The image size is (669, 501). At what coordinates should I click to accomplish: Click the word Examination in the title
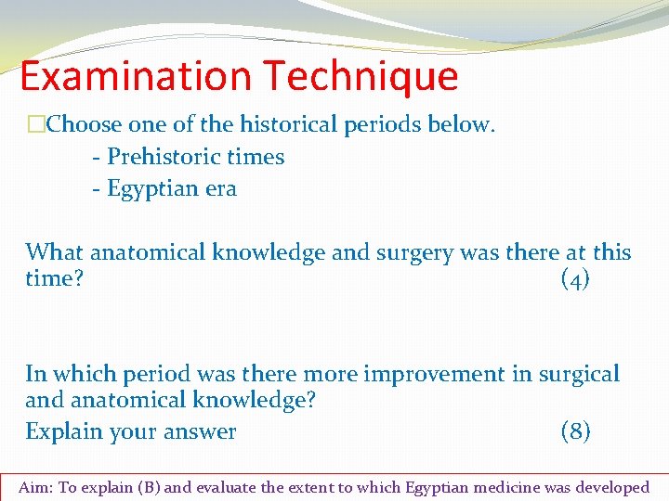pyautogui.click(x=136, y=76)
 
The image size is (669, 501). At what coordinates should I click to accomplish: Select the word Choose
pyautogui.click(x=83, y=124)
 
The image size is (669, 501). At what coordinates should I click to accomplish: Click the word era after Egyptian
pyautogui.click(x=221, y=188)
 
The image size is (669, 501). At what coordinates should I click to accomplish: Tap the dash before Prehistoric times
pyautogui.click(x=97, y=157)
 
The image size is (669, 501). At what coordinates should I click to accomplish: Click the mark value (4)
pyautogui.click(x=575, y=279)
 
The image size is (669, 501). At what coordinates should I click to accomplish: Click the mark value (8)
pyautogui.click(x=575, y=431)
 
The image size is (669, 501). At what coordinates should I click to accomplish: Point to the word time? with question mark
pyautogui.click(x=55, y=279)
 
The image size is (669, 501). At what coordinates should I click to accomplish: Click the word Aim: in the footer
pyautogui.click(x=36, y=487)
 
